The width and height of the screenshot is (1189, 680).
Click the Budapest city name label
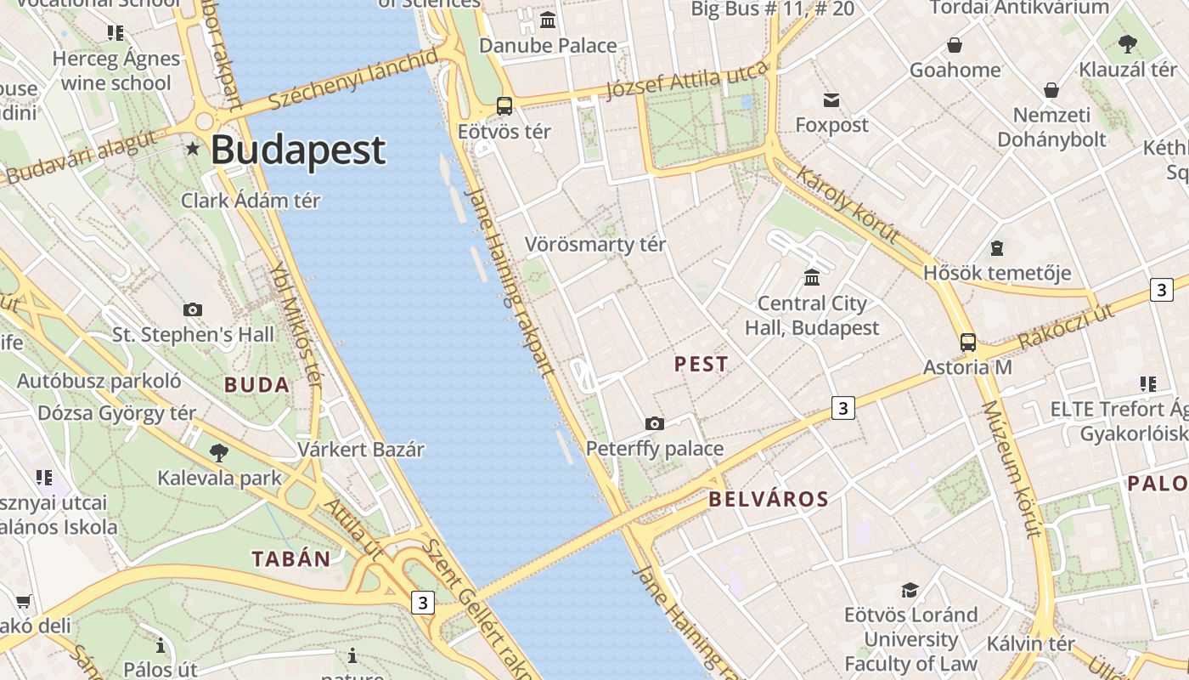pyautogui.click(x=298, y=150)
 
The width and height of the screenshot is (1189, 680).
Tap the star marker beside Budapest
pyautogui.click(x=194, y=149)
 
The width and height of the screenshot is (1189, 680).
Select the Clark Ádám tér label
pyautogui.click(x=251, y=201)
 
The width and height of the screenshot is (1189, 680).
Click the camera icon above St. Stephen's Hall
pyautogui.click(x=193, y=309)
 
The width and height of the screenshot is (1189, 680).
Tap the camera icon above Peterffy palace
pyautogui.click(x=655, y=423)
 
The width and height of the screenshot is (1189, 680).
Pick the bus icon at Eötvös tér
pyautogui.click(x=504, y=106)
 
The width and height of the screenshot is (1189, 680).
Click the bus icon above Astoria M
pyautogui.click(x=968, y=343)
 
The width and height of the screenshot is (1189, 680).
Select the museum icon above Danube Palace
pyautogui.click(x=548, y=20)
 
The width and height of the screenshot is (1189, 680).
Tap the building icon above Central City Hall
pyautogui.click(x=812, y=278)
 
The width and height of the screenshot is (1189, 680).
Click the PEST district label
pyautogui.click(x=702, y=365)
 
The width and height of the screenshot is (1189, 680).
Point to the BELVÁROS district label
pyautogui.click(x=769, y=499)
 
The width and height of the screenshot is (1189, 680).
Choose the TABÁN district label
pyautogui.click(x=290, y=558)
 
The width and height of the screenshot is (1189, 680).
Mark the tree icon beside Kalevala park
pyautogui.click(x=219, y=452)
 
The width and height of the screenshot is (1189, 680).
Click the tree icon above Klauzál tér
pyautogui.click(x=1128, y=43)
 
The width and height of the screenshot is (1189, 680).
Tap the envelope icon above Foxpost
pyautogui.click(x=831, y=100)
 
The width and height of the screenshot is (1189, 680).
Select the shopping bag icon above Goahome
pyautogui.click(x=955, y=45)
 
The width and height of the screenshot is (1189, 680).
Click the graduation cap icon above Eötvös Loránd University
pyautogui.click(x=910, y=590)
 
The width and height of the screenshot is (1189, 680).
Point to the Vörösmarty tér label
pyautogui.click(x=595, y=245)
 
